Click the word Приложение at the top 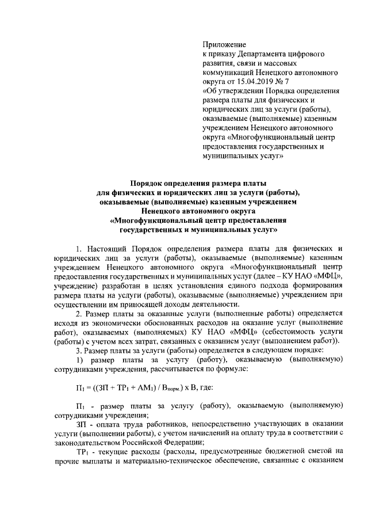point(224,44)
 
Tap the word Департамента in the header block point(265,54)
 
